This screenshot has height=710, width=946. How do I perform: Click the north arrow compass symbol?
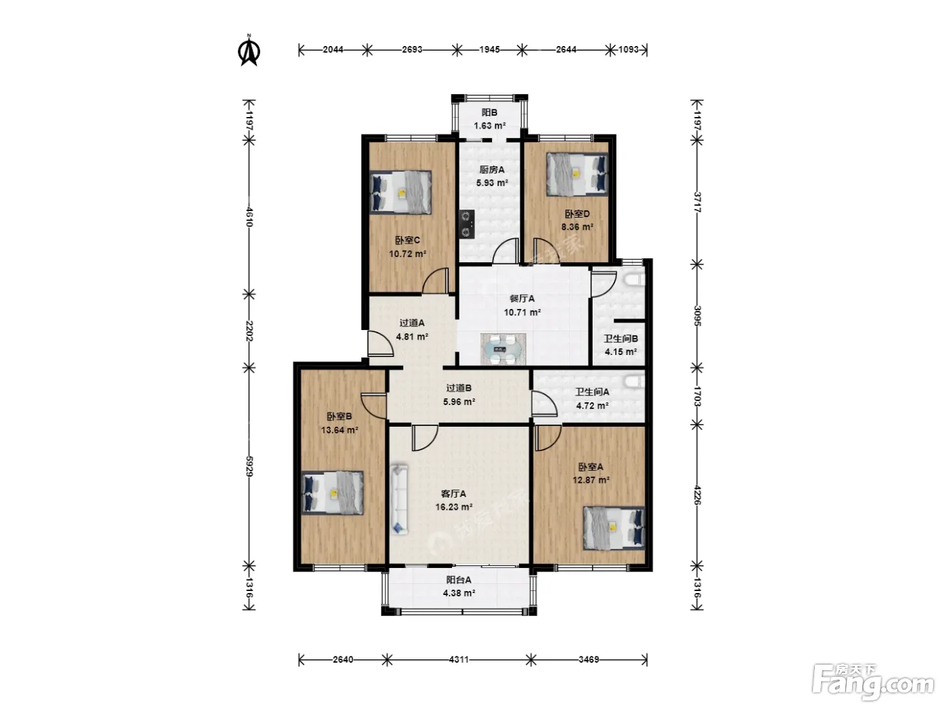(x=249, y=51)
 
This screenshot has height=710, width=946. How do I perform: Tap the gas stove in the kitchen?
(x=467, y=224)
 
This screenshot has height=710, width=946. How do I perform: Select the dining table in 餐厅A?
(x=503, y=348)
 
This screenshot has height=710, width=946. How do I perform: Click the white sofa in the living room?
(x=399, y=499)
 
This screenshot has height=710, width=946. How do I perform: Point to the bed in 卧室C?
(x=401, y=192)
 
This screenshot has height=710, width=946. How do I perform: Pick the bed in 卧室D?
(x=577, y=174)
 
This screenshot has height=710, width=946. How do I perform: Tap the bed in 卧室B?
(x=332, y=493)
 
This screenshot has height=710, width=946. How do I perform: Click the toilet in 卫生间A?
(x=634, y=381)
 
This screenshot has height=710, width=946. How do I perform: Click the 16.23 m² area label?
(x=453, y=507)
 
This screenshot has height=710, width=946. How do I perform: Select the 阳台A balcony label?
(x=459, y=580)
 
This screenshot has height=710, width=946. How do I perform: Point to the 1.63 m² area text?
(x=490, y=126)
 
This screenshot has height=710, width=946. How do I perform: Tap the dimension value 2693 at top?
(x=412, y=49)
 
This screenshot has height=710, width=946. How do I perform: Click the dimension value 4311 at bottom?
(x=459, y=659)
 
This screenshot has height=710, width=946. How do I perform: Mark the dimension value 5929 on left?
(x=249, y=467)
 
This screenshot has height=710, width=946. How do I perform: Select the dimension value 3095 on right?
(x=698, y=316)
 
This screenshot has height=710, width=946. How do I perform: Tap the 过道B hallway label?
(x=459, y=388)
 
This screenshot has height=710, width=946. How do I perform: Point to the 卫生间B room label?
(x=620, y=339)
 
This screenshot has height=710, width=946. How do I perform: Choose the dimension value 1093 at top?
(x=628, y=49)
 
